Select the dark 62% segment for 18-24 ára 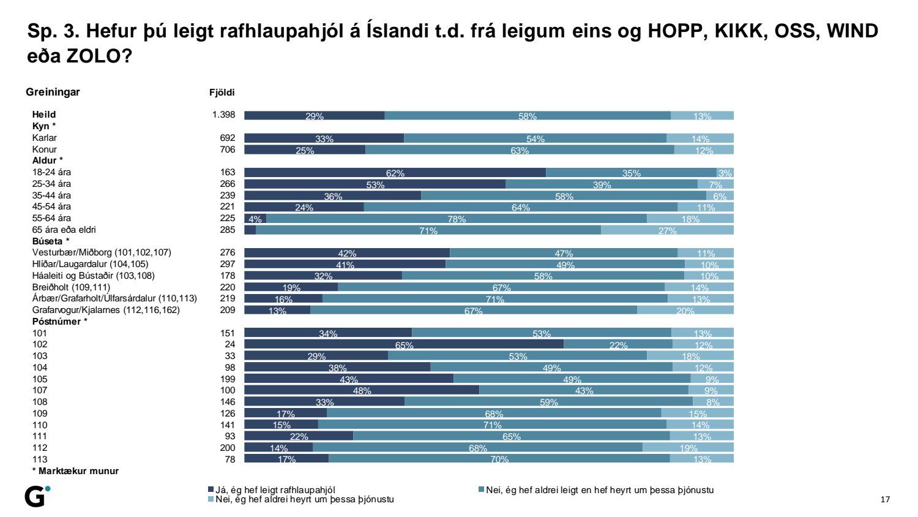click(x=395, y=173)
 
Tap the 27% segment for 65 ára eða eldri click(x=667, y=230)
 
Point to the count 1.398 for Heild click(x=224, y=115)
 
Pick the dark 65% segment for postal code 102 click(x=404, y=344)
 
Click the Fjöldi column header click(x=222, y=92)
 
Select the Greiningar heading click(x=53, y=92)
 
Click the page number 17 click(x=885, y=499)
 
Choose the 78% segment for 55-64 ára click(x=457, y=219)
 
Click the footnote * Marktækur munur click(x=75, y=471)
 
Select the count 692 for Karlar click(x=228, y=138)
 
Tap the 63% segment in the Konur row click(x=520, y=149)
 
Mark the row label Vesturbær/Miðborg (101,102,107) click(x=102, y=252)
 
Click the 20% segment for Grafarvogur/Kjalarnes click(x=685, y=310)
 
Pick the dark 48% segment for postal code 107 click(x=362, y=390)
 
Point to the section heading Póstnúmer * click(x=59, y=322)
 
